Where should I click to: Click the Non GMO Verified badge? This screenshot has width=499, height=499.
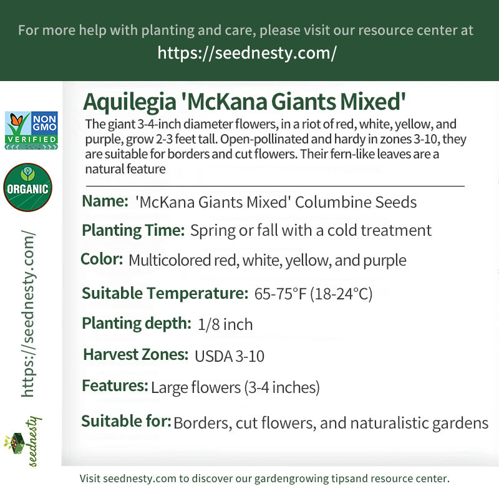pyautogui.click(x=31, y=130)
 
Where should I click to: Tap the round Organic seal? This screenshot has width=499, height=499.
pyautogui.click(x=27, y=187)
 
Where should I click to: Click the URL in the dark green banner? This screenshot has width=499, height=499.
pyautogui.click(x=247, y=53)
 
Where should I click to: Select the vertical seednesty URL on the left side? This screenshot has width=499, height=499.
pyautogui.click(x=28, y=314)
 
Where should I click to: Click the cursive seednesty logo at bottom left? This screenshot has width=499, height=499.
pyautogui.click(x=23, y=442)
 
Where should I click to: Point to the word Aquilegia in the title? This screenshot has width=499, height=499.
pyautogui.click(x=130, y=102)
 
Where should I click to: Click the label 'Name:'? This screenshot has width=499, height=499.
pyautogui.click(x=105, y=201)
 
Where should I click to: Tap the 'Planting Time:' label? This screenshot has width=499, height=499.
pyautogui.click(x=133, y=231)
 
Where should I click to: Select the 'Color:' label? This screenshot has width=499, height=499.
pyautogui.click(x=102, y=259)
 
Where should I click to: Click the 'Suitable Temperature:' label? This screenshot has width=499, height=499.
pyautogui.click(x=165, y=293)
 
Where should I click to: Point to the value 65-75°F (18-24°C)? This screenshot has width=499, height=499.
pyautogui.click(x=313, y=294)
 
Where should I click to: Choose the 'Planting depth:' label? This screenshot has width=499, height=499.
pyautogui.click(x=137, y=324)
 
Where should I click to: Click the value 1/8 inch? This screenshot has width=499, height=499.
pyautogui.click(x=225, y=324)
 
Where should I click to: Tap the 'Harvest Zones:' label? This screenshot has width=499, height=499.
pyautogui.click(x=136, y=354)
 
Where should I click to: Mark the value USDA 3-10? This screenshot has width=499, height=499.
pyautogui.click(x=230, y=356)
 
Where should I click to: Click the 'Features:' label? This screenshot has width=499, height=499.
pyautogui.click(x=115, y=385)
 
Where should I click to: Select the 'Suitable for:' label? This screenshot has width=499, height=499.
pyautogui.click(x=127, y=422)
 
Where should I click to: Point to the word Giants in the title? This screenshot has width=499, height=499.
pyautogui.click(x=304, y=102)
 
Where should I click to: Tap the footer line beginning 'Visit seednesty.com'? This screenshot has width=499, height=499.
pyautogui.click(x=264, y=478)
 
